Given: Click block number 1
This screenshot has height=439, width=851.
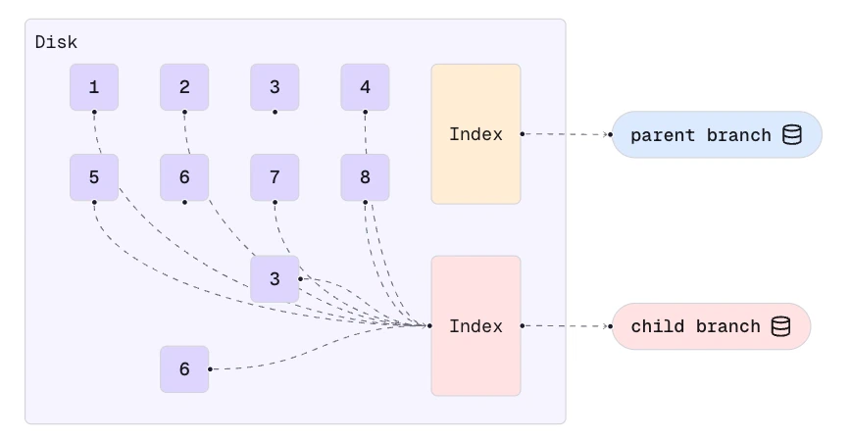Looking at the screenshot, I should coord(94,87).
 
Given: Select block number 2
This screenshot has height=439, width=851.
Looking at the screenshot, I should coord(184,87).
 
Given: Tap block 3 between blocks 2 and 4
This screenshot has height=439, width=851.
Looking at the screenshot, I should coord(275,87).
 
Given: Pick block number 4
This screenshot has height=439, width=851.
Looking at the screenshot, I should coord(366,87).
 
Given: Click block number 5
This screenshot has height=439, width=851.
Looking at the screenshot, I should coord(94,177).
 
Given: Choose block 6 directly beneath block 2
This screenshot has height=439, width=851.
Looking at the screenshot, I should coord(184,177).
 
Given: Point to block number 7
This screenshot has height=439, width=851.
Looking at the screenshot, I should coord(275,177).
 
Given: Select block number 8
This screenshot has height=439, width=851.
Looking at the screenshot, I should coord(366,177).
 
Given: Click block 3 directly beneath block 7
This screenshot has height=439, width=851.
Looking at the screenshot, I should coord(275,279).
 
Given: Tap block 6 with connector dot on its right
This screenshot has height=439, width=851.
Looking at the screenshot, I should coord(184,369).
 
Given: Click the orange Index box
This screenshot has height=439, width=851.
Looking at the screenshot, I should coord(476,134).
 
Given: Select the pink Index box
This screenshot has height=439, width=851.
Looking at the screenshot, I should coord(476,326).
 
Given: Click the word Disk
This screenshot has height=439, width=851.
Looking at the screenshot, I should coord(56,42).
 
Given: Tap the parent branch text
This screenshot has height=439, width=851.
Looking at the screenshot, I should coord(700,135).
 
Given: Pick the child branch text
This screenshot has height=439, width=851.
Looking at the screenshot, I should coord(695,326).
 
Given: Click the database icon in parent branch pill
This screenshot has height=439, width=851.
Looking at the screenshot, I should coord(792,135).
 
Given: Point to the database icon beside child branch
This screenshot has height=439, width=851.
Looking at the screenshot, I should coord(781,326).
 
